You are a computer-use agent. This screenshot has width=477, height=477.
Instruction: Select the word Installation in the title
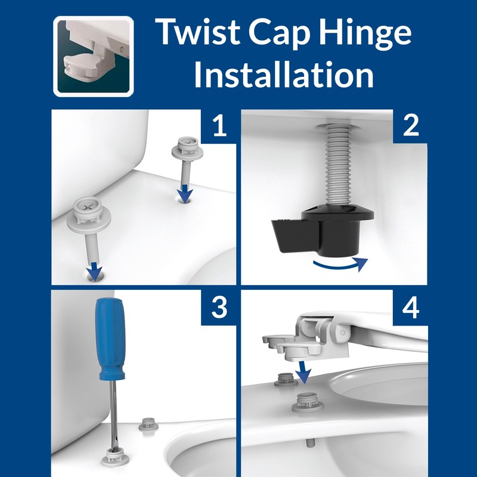284,76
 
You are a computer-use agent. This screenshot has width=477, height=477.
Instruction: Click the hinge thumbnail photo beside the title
93,56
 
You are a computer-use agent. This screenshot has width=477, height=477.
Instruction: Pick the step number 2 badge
410,127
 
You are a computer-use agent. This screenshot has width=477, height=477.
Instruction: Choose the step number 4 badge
410,308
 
